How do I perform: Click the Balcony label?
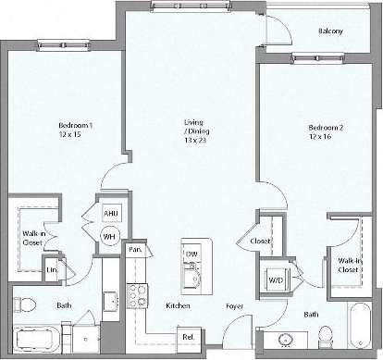(x=330, y=31)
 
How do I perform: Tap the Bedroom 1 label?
(x=76, y=125)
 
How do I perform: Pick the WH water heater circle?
(x=109, y=237)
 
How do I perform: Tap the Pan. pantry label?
(x=135, y=249)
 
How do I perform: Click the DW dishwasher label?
(x=191, y=253)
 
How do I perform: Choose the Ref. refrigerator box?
(x=188, y=337)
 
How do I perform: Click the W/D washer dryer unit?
(x=276, y=277)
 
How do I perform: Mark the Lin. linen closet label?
(x=52, y=269)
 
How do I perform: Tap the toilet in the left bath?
(x=24, y=304)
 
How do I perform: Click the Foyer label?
(x=234, y=304)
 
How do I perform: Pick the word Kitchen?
(x=179, y=304)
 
